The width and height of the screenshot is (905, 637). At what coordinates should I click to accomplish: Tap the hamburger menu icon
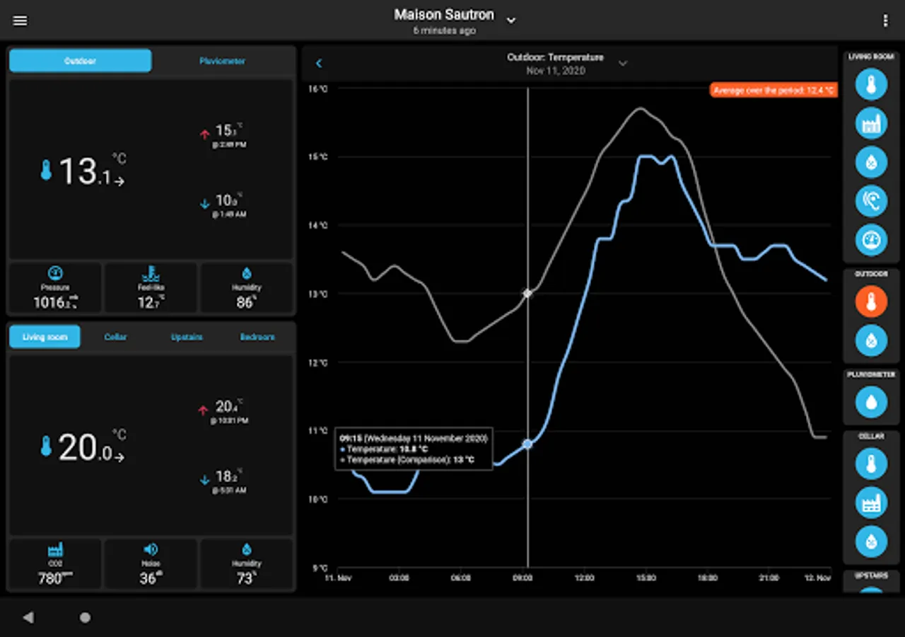coord(21,21)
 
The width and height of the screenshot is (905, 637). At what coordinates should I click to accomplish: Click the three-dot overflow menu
coord(885,21)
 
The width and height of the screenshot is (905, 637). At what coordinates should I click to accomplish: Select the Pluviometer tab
coord(222,61)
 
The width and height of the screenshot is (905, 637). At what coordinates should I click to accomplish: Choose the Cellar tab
coord(115,337)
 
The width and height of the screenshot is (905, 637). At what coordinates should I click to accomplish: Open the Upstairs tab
coord(187,337)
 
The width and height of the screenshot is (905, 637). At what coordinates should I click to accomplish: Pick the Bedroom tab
coord(257,337)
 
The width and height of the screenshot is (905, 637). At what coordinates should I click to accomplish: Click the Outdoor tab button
coord(80,61)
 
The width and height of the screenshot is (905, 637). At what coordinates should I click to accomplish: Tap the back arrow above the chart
coord(319,64)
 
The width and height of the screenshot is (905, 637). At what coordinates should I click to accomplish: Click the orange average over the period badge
coord(773,91)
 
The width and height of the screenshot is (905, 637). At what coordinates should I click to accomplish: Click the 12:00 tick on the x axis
coord(584,578)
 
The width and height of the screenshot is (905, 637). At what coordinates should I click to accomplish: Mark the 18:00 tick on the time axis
coord(707,578)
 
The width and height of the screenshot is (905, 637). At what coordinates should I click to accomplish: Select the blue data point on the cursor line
coord(527,444)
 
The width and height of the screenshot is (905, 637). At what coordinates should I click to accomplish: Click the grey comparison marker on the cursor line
coord(527,293)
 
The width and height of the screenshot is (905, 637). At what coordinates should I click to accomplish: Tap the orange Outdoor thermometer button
coord(871,302)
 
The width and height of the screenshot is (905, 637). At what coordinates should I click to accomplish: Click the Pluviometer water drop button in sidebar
coord(871,403)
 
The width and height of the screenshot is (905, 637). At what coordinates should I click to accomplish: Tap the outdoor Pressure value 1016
coord(54,303)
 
